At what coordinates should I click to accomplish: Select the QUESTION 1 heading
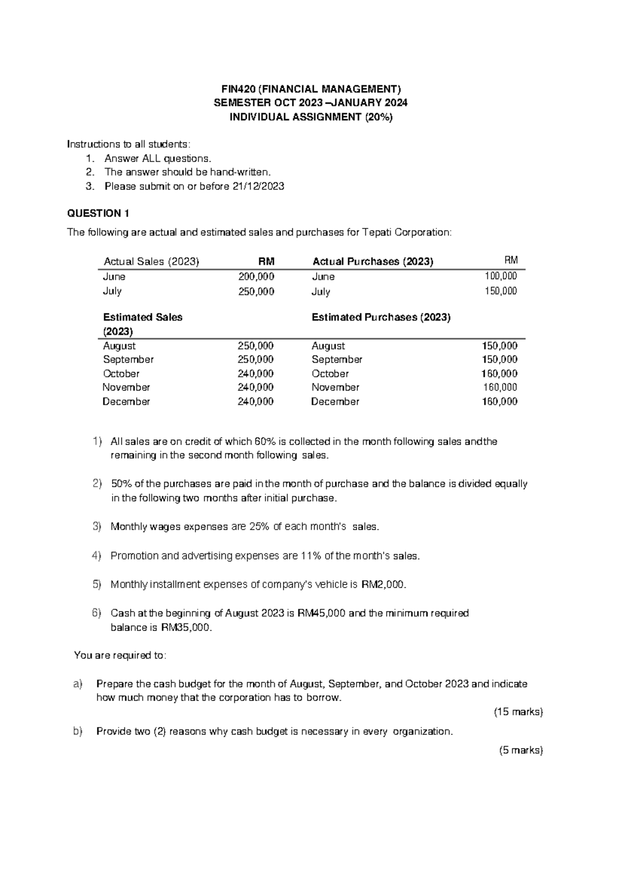pyautogui.click(x=98, y=213)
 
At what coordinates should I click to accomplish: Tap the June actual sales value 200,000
pyautogui.click(x=256, y=277)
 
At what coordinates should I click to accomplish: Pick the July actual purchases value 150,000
pyautogui.click(x=500, y=291)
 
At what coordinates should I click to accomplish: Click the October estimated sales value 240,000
pyautogui.click(x=256, y=374)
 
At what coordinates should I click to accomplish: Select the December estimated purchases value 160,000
pyautogui.click(x=499, y=402)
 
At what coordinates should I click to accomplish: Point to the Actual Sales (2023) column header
pyautogui.click(x=151, y=262)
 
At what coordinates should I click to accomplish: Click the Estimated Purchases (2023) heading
pyautogui.click(x=381, y=317)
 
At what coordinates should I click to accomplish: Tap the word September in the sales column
pyautogui.click(x=128, y=360)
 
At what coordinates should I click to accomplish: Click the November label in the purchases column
pyautogui.click(x=335, y=388)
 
